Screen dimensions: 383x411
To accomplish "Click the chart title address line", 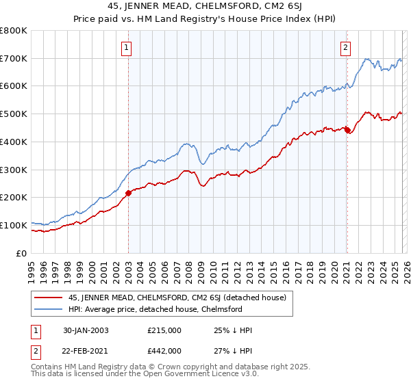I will [x=205, y=6].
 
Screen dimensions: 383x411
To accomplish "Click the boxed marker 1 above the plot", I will [x=127, y=47].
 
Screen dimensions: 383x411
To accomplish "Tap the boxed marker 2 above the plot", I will [x=345, y=47].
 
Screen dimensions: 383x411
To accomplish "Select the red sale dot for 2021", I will [x=347, y=129].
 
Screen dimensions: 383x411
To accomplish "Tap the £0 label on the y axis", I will [x=21, y=252].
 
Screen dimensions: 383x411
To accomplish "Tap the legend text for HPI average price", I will [x=155, y=309].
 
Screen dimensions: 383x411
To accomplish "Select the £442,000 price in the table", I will [x=164, y=350].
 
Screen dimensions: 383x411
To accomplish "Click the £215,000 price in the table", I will [x=164, y=330].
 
